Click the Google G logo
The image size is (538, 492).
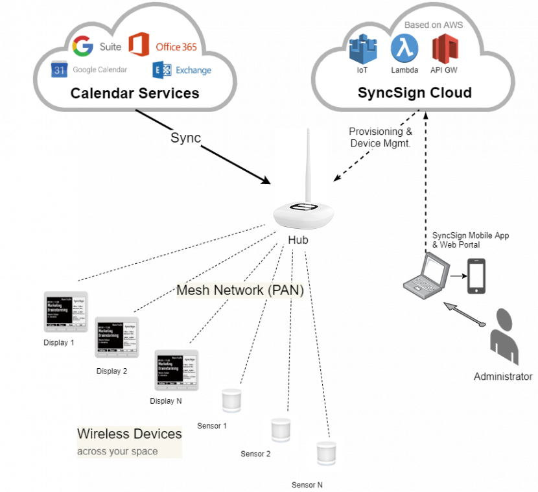click(x=83, y=47)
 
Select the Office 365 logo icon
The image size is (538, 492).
click(x=139, y=45)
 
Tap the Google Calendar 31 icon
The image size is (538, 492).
click(x=60, y=70)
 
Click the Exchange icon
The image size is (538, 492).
click(x=161, y=70)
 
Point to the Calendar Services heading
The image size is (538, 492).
click(x=135, y=93)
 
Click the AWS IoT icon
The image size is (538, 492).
click(x=362, y=50)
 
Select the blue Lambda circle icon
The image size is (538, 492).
click(x=404, y=49)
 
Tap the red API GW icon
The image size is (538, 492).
click(x=445, y=49)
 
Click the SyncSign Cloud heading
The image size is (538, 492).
click(x=415, y=93)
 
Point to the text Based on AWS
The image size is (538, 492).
click(x=434, y=25)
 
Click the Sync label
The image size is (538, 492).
click(x=185, y=138)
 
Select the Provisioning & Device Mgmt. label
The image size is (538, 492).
click(x=380, y=137)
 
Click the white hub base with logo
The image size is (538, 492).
click(x=303, y=214)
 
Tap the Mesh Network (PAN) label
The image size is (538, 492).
click(x=240, y=290)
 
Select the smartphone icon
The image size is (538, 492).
click(x=476, y=276)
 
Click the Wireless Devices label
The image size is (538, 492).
click(x=130, y=434)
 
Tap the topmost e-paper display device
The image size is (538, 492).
click(x=66, y=311)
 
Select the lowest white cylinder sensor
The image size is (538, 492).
click(x=325, y=453)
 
